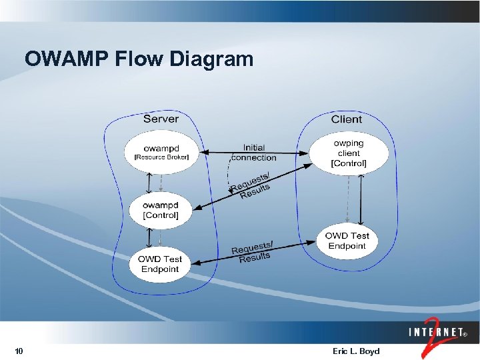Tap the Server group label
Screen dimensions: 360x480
(x=161, y=119)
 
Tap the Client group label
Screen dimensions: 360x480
(x=347, y=119)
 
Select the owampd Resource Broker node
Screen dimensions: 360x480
(x=161, y=153)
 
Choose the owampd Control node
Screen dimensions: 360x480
(x=161, y=211)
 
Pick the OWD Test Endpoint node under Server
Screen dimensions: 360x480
(x=160, y=264)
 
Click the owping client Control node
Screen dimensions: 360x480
(x=349, y=153)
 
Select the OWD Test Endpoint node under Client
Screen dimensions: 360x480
(x=347, y=241)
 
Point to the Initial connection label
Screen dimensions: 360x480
(x=253, y=153)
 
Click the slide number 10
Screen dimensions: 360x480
(x=19, y=351)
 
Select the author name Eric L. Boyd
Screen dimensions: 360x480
(x=355, y=351)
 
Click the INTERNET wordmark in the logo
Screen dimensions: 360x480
(x=437, y=331)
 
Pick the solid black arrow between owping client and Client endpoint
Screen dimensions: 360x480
(x=361, y=200)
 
